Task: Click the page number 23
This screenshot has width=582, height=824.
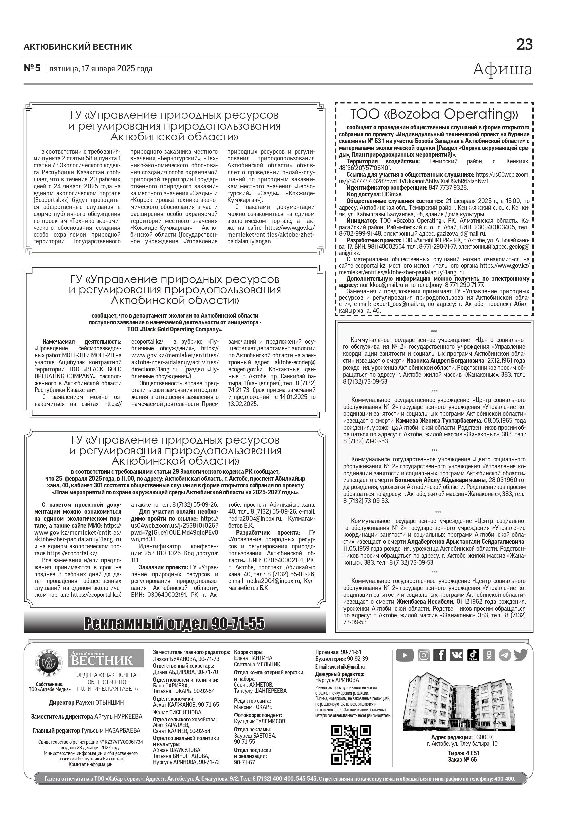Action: tap(524, 45)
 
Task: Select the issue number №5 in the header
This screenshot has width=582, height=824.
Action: tap(33, 68)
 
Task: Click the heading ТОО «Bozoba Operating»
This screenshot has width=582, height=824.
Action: tap(434, 114)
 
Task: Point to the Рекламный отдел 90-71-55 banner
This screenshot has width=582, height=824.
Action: tap(174, 624)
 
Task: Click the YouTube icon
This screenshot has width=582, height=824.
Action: tap(404, 655)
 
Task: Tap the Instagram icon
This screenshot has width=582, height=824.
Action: tap(424, 655)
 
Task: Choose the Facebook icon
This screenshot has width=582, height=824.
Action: tap(440, 655)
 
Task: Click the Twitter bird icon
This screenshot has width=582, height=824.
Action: tap(520, 655)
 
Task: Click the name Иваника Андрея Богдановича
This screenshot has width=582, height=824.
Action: tap(445, 361)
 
